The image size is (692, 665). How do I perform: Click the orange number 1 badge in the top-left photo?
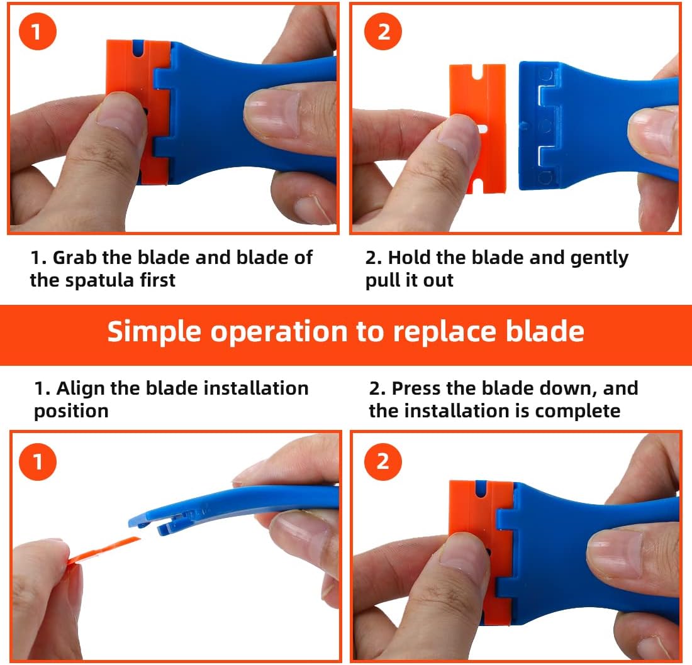coord(38,31)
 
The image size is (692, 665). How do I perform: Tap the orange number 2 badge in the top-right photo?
coord(383,31)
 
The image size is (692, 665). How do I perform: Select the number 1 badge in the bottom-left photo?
coord(38,461)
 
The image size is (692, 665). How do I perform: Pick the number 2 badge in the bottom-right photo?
coord(383,461)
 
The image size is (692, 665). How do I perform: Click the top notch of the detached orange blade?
coord(477,72)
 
